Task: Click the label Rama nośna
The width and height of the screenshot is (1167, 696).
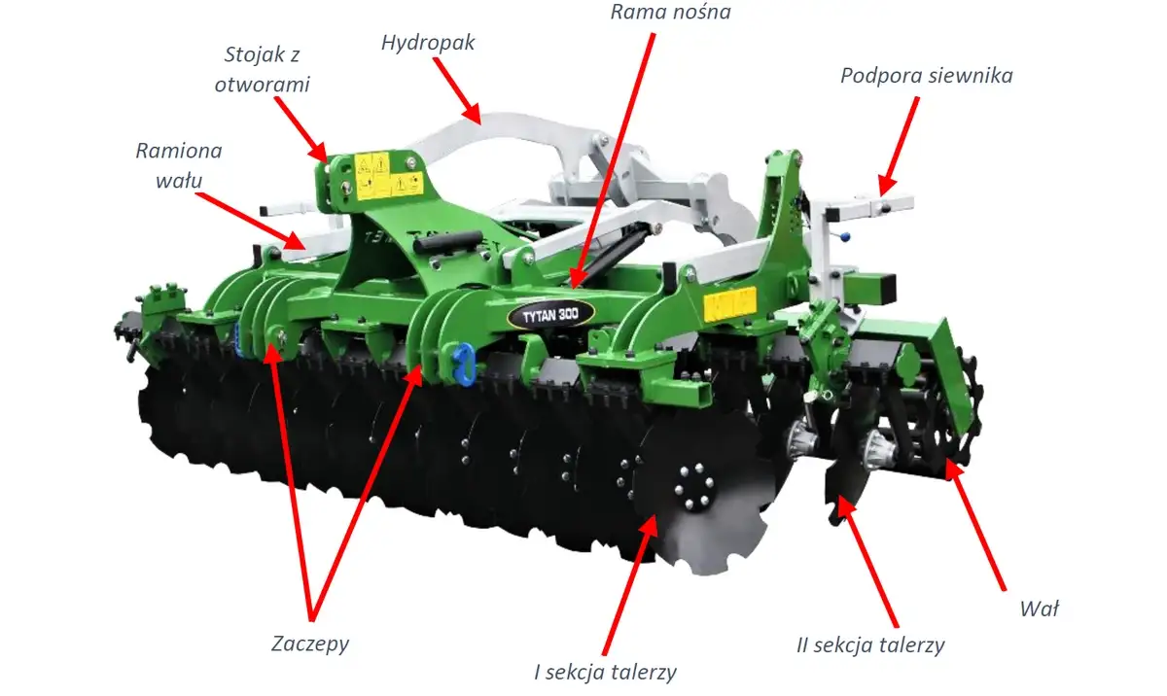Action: (x=670, y=12)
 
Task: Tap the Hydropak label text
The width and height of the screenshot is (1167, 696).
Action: (x=428, y=43)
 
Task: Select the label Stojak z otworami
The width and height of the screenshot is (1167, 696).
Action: (x=262, y=69)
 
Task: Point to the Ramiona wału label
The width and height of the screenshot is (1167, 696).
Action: (x=179, y=165)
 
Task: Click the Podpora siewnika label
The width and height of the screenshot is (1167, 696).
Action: (x=926, y=76)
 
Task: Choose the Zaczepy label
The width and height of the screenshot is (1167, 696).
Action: (x=310, y=644)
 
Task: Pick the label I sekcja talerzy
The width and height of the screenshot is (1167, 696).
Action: (x=605, y=672)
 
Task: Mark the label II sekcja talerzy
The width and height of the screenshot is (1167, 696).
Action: (x=870, y=645)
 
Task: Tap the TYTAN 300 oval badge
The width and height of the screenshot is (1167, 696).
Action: (x=550, y=314)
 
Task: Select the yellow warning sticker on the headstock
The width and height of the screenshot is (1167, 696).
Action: (x=388, y=177)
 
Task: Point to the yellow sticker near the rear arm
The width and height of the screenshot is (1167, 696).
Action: (x=729, y=303)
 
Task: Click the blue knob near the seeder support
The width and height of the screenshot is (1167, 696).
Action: (x=844, y=237)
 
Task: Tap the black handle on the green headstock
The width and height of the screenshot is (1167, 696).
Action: (x=448, y=241)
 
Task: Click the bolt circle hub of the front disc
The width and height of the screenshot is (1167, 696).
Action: (x=694, y=487)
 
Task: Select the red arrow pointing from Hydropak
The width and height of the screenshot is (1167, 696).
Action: (x=457, y=90)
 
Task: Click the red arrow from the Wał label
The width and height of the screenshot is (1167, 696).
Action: (x=974, y=525)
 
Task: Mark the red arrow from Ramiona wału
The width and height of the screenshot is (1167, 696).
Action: (x=250, y=221)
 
